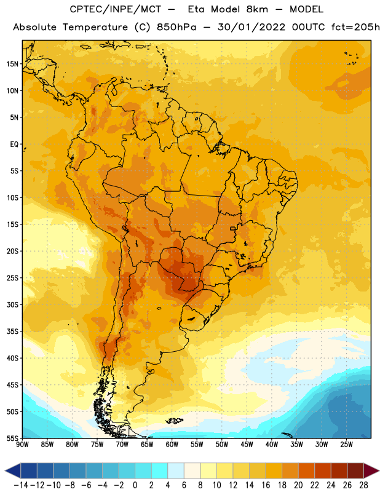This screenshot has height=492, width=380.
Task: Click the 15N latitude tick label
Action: [x=12, y=64]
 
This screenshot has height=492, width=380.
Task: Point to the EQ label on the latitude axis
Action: [x=14, y=145]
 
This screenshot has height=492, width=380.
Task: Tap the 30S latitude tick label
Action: [x=12, y=304]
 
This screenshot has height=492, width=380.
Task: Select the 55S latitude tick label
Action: [x=12, y=438]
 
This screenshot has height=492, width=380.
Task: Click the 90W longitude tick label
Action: [x=22, y=445]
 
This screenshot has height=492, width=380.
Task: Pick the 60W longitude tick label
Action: [x=172, y=445]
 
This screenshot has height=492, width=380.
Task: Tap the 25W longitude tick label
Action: [x=346, y=445]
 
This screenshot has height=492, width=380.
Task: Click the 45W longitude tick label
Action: [x=247, y=445]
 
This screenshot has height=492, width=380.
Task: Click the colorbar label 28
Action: [x=363, y=485]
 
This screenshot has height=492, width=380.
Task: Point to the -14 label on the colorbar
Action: [x=21, y=485]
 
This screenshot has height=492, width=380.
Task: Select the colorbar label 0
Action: [x=135, y=485]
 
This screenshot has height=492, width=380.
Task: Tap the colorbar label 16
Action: [x=266, y=485]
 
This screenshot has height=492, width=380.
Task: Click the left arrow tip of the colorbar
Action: [x=5, y=470]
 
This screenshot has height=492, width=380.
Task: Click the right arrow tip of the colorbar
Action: [x=379, y=470]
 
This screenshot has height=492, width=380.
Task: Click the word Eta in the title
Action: [x=196, y=9]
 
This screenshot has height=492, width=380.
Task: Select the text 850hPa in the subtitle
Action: [x=176, y=27]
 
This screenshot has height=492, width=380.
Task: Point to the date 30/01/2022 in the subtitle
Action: [x=251, y=27]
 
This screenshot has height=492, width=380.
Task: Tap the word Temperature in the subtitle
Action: [x=95, y=28]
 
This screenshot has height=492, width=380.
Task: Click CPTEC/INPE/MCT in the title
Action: [x=115, y=9]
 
